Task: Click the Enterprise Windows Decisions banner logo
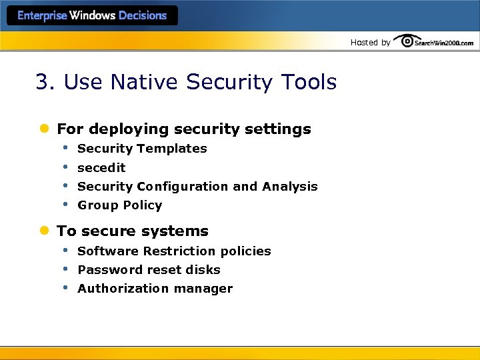point(92,15)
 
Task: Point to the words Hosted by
point(371,43)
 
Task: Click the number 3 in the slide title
point(43,83)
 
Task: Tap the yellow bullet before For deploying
point(44,129)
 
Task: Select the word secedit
point(101,167)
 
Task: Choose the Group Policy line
point(120,205)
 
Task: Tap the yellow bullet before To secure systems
point(44,231)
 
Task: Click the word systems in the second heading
point(181,231)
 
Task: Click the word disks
point(204,270)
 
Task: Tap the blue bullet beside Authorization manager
point(65,287)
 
